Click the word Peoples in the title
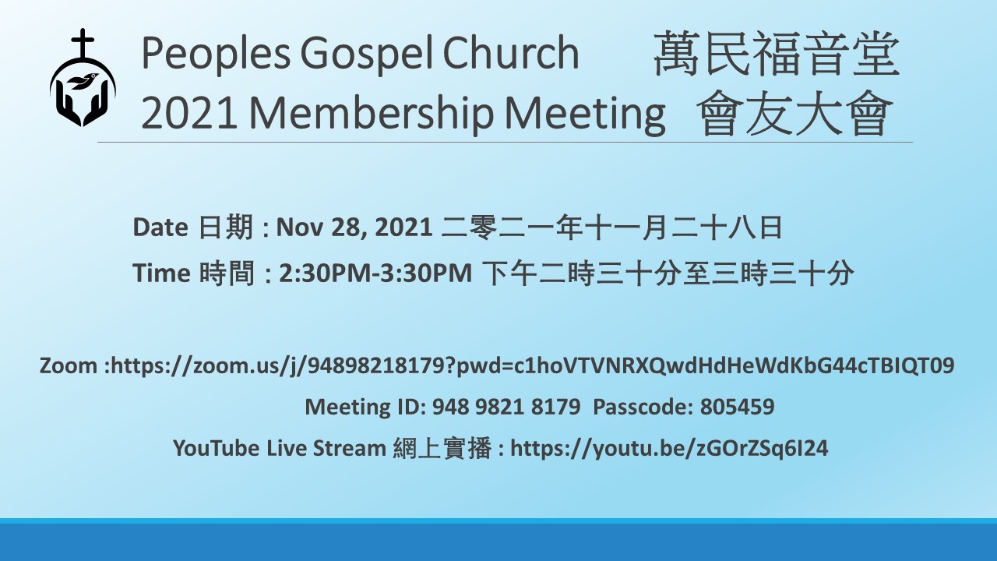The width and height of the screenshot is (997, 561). tap(217, 55)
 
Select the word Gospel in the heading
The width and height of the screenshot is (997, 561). tap(363, 55)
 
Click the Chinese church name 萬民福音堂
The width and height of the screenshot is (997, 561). tap(777, 54)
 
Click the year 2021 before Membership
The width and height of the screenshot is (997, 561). tap(188, 114)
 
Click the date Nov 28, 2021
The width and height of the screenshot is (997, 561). tap(354, 228)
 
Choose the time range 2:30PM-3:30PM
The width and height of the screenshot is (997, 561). tap(375, 273)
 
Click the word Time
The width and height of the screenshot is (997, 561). tap(162, 273)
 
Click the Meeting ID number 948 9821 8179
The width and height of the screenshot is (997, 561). tap(506, 407)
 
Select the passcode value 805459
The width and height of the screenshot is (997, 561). tap(737, 407)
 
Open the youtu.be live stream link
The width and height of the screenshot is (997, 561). tap(669, 448)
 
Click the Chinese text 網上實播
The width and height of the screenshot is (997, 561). tap(442, 448)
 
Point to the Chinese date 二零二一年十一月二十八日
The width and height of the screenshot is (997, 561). tap(612, 228)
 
